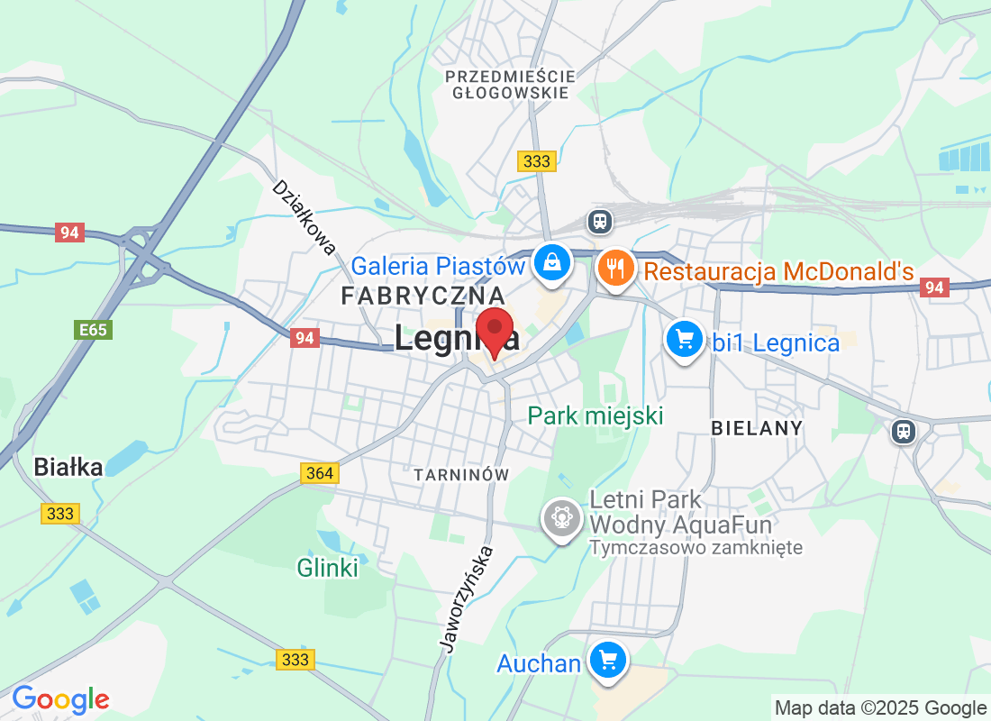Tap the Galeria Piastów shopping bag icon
coord(552,264)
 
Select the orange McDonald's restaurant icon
coord(615,268)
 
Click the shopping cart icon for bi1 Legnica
coord(685,341)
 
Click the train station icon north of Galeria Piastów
coord(599,220)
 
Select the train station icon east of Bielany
coord(903,431)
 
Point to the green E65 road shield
coord(92,330)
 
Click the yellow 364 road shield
coord(319,473)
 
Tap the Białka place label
coord(68,467)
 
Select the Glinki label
coord(328,568)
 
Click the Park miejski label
coord(596,415)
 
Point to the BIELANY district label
coord(756,428)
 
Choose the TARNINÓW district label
coord(461,474)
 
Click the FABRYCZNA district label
coord(423,296)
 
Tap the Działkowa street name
coord(305,217)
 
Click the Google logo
coord(60,699)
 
